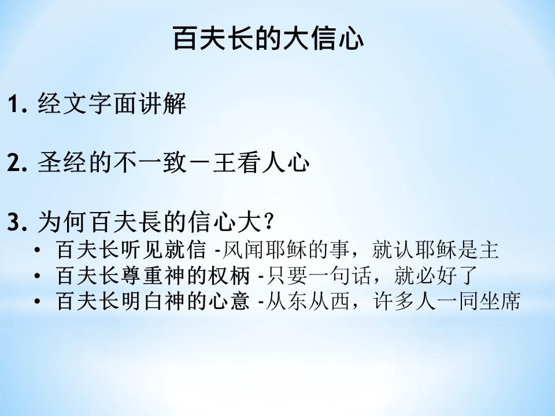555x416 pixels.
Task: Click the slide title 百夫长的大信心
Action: pos(268,38)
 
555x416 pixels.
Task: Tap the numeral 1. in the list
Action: pos(17,105)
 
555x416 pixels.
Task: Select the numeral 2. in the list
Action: pos(17,163)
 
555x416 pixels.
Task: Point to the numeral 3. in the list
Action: pos(17,222)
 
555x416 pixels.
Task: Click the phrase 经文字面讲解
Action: pos(112,103)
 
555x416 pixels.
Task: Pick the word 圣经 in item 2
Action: pos(62,162)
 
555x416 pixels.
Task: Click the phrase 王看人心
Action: pos(261,162)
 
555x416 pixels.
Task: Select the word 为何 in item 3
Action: pos(62,222)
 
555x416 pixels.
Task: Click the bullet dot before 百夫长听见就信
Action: pos(37,250)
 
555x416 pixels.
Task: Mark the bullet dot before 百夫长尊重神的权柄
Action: pos(37,276)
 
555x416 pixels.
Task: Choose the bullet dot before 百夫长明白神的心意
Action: pos(37,302)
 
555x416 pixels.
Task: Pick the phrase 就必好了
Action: pos(436,275)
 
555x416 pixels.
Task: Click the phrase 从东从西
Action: pos(308,301)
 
